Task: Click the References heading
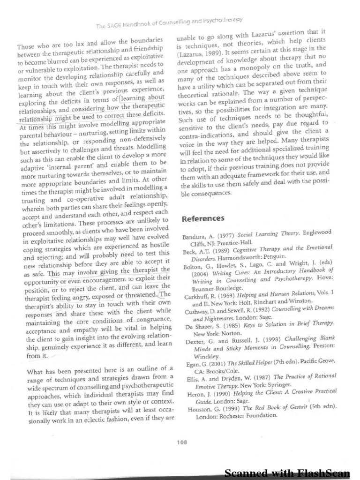202,218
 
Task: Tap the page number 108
182,441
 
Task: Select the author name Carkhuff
195,298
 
